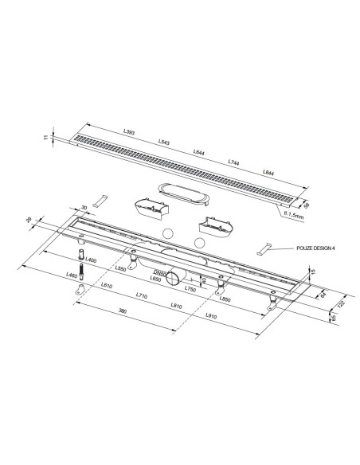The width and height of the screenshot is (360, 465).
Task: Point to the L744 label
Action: pos(233,162)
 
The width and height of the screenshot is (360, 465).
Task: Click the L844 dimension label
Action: pos(268,174)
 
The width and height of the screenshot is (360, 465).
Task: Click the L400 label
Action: pos(91,260)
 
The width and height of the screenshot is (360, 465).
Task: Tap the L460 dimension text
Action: pos(72,275)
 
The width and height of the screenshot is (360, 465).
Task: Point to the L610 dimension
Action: pos(107,286)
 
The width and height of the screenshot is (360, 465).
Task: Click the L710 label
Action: pos(141,296)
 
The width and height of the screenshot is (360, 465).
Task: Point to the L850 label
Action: pos(225,299)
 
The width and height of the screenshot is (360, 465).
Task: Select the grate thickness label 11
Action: pos(49,137)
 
